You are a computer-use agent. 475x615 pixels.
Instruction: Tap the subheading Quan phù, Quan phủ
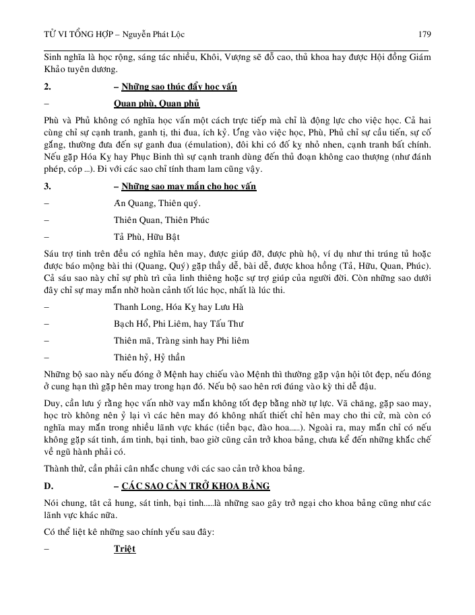[157, 103]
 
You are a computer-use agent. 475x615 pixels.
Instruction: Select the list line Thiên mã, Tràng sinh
[172, 341]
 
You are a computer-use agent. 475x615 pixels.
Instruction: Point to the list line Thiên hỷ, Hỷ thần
[150, 357]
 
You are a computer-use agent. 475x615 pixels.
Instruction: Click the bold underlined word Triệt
[125, 549]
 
